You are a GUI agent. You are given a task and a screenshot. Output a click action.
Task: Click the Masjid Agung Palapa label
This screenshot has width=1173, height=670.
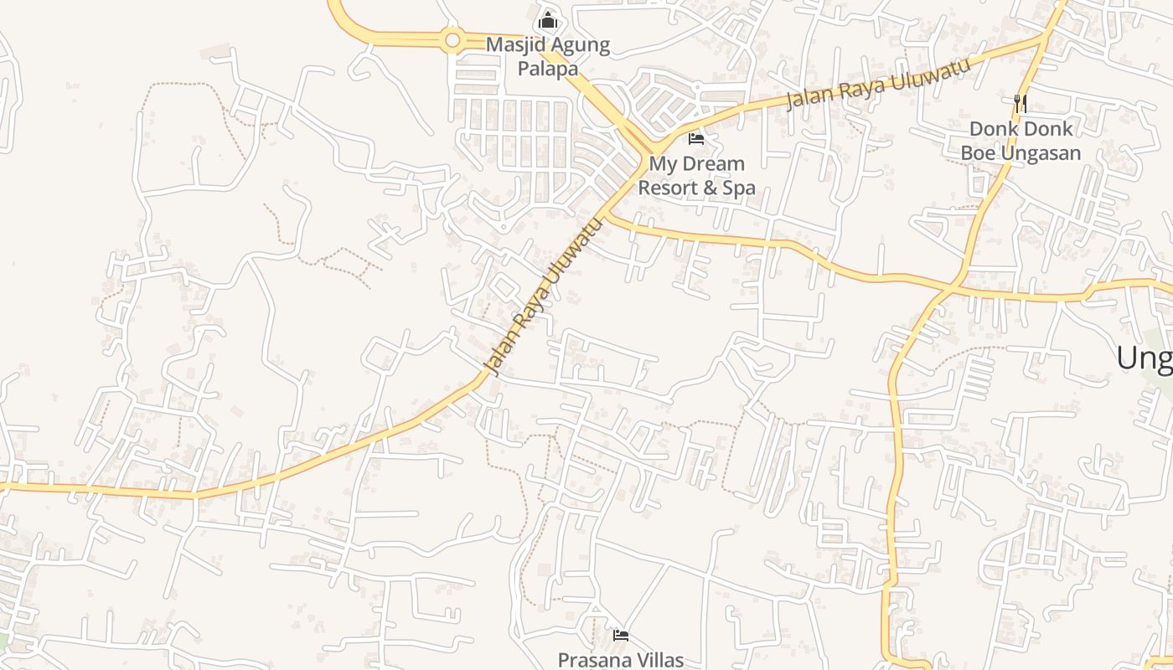548,56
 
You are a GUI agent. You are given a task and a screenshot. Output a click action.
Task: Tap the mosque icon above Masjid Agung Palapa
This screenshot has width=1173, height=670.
548,18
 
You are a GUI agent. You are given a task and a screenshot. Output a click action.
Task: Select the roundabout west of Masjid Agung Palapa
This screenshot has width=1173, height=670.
452,39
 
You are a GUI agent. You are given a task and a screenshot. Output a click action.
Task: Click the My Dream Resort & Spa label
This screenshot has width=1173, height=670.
696,175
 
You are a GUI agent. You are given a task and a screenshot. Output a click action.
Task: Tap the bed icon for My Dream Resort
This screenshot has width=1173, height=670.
696,138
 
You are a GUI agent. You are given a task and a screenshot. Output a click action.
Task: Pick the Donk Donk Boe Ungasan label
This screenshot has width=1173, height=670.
1020,141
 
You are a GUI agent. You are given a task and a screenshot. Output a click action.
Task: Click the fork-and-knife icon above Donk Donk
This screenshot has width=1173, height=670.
1020,103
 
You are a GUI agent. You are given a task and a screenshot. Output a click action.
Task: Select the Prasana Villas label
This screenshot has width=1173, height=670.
621,660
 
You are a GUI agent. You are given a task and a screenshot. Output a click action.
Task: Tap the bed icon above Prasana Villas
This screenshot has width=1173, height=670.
621,636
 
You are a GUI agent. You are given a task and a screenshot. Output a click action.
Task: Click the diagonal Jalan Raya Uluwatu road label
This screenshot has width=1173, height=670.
545,297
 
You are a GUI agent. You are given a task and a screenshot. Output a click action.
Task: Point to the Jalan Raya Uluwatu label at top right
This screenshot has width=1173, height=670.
878,84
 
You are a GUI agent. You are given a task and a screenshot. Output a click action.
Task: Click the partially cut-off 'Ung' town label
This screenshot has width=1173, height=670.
1145,358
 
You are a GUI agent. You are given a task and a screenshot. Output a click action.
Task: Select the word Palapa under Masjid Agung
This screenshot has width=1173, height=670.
548,69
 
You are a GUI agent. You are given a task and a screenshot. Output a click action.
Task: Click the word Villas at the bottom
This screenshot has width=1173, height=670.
659,660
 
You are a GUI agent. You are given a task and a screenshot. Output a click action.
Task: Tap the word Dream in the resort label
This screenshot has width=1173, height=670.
712,163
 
